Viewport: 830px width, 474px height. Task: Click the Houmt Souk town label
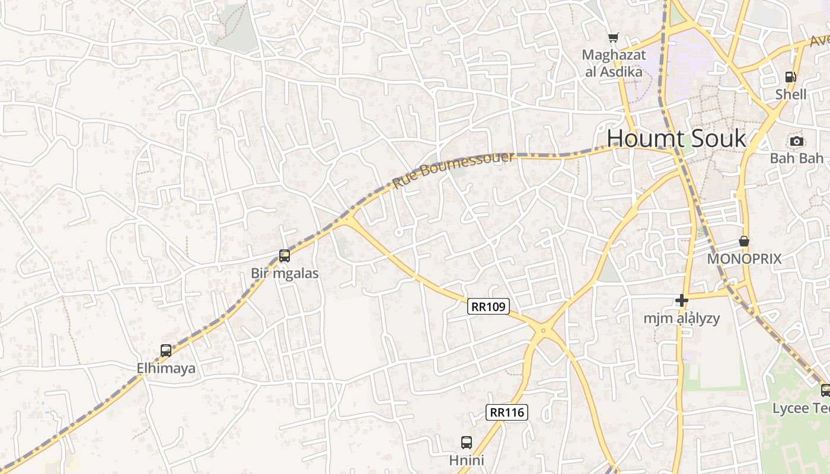click(x=676, y=139)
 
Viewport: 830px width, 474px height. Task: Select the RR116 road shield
click(x=507, y=412)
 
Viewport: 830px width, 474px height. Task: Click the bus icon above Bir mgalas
click(x=285, y=256)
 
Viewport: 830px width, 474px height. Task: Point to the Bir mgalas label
click(x=285, y=273)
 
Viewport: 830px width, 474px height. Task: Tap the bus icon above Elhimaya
click(x=166, y=350)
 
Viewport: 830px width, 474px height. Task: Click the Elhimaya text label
click(x=166, y=368)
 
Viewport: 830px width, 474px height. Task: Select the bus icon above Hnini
click(x=467, y=442)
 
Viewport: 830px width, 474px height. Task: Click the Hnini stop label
click(x=467, y=460)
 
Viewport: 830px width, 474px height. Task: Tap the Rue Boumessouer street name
click(x=453, y=169)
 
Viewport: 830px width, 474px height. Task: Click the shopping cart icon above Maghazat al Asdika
click(x=613, y=38)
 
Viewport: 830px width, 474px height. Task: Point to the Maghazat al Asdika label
click(x=613, y=63)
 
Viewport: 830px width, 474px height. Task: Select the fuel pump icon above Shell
click(x=790, y=76)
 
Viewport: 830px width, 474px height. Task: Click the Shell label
click(x=791, y=94)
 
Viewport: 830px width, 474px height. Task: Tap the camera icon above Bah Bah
click(x=797, y=141)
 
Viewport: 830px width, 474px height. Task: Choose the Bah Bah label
click(x=797, y=158)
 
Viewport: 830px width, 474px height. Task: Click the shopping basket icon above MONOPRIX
click(x=744, y=241)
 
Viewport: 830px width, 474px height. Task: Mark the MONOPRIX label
click(x=744, y=259)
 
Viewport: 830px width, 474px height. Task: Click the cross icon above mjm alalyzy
click(x=682, y=300)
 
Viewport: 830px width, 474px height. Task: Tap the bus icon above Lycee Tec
click(x=825, y=390)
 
